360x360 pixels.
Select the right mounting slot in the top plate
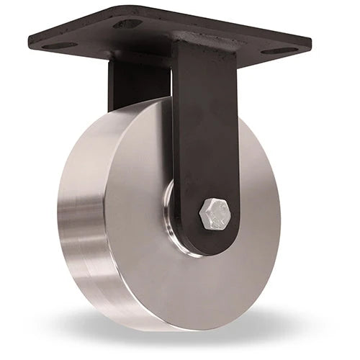(278, 51)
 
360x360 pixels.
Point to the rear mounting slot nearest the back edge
(128, 23)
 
